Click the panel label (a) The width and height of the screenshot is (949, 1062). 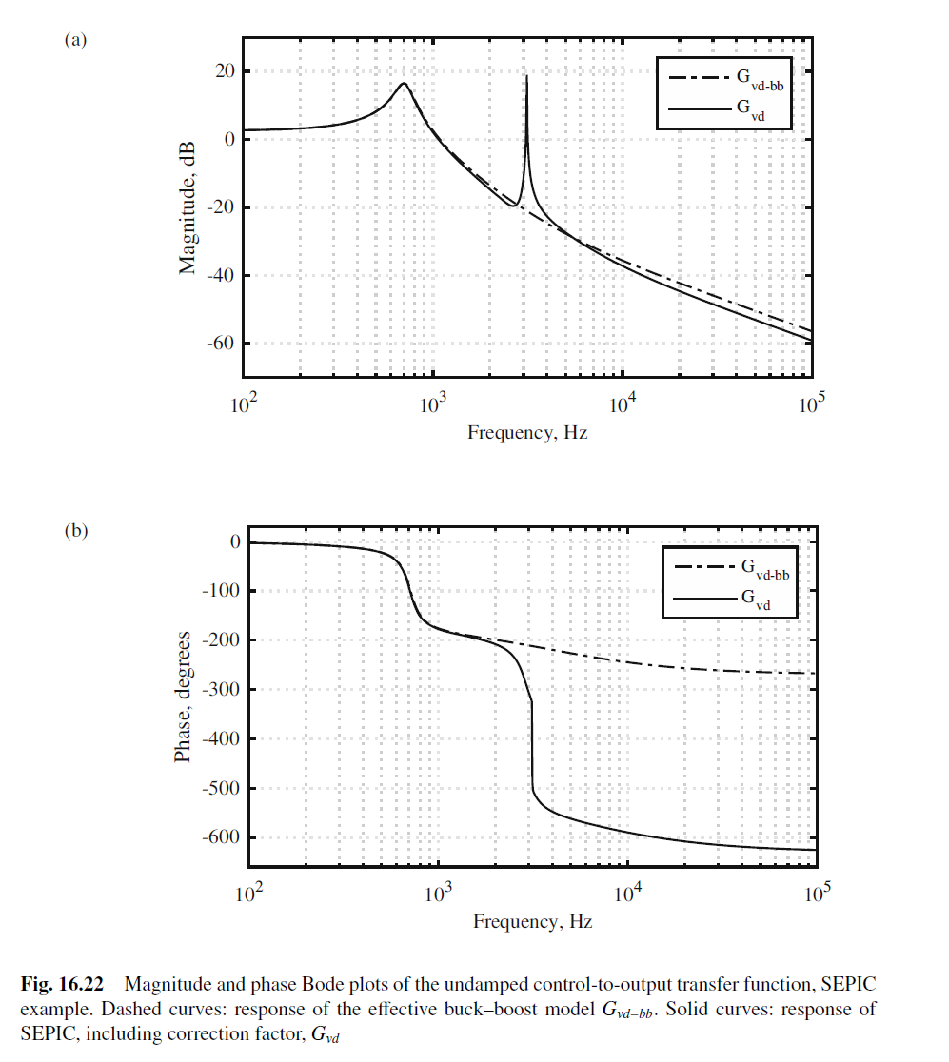tap(75, 40)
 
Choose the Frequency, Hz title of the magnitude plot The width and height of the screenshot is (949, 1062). tap(527, 433)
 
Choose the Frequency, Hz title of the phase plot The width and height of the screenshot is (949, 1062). tap(533, 922)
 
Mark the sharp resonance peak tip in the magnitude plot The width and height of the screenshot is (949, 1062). tap(526, 76)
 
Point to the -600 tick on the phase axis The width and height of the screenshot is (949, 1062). tap(220, 837)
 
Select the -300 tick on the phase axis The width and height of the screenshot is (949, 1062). tap(220, 690)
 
